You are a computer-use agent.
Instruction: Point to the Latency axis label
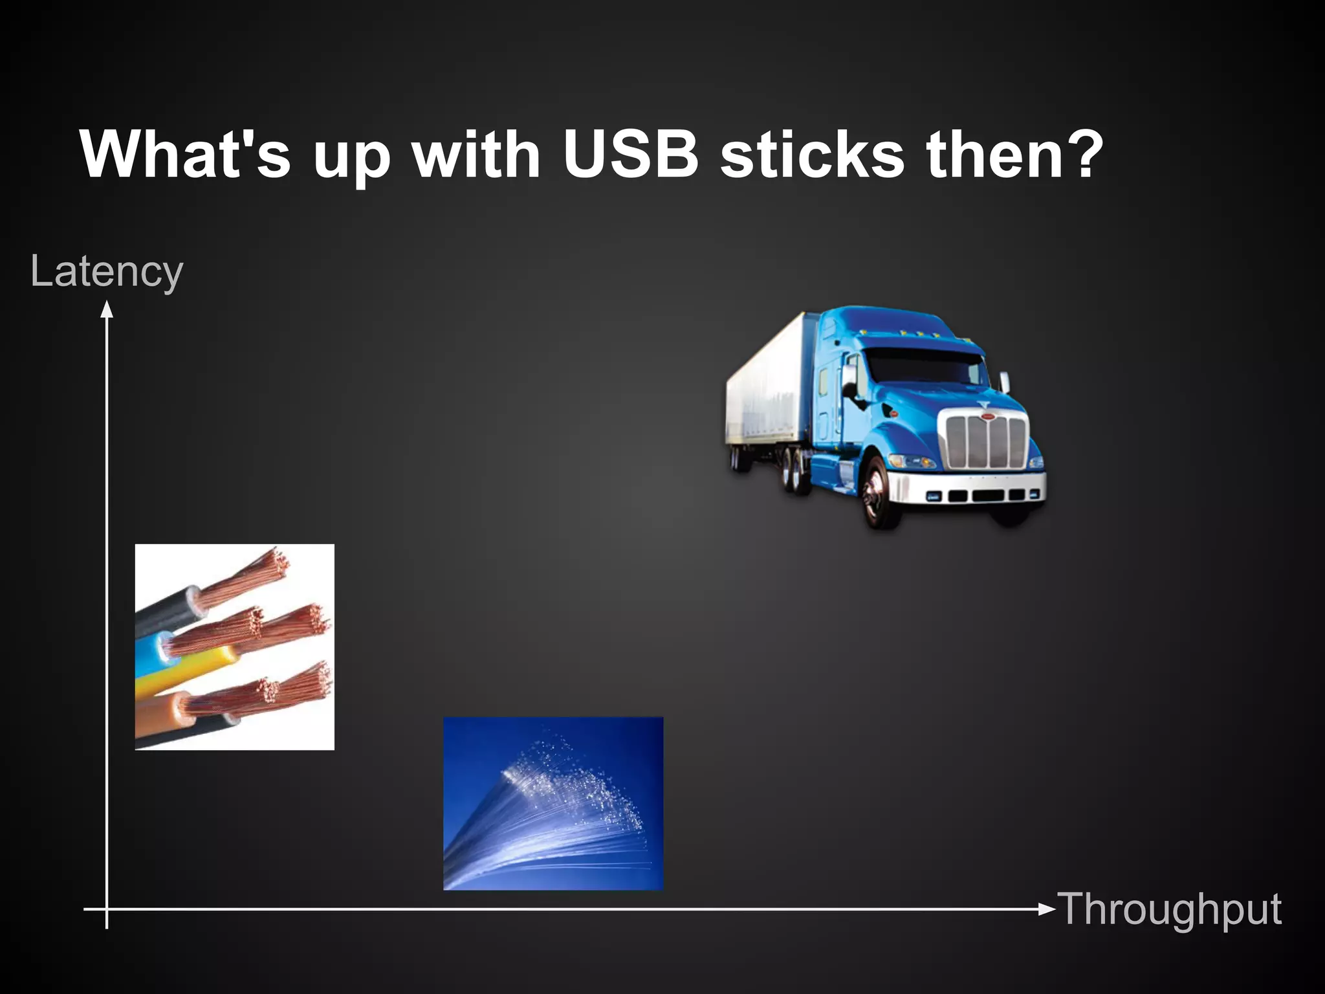(107, 272)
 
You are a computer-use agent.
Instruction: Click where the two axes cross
(107, 909)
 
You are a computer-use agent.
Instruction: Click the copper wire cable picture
(234, 647)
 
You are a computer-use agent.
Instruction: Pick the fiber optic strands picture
(553, 804)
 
